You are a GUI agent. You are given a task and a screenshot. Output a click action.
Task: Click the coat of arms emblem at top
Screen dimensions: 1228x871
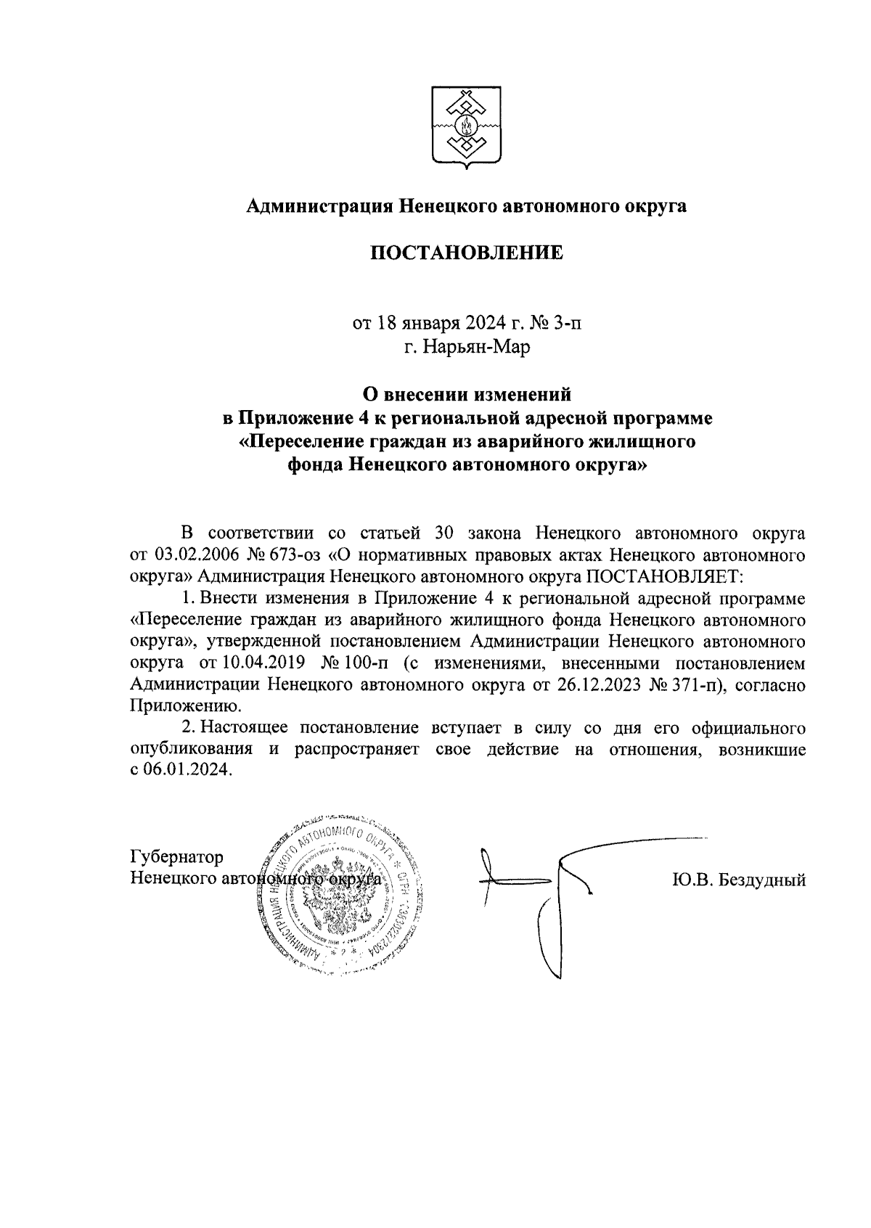pos(465,128)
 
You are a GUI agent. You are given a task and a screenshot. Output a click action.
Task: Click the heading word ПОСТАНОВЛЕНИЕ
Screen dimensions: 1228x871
pos(467,253)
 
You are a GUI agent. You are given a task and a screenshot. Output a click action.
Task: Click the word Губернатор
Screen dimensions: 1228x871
pos(177,857)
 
